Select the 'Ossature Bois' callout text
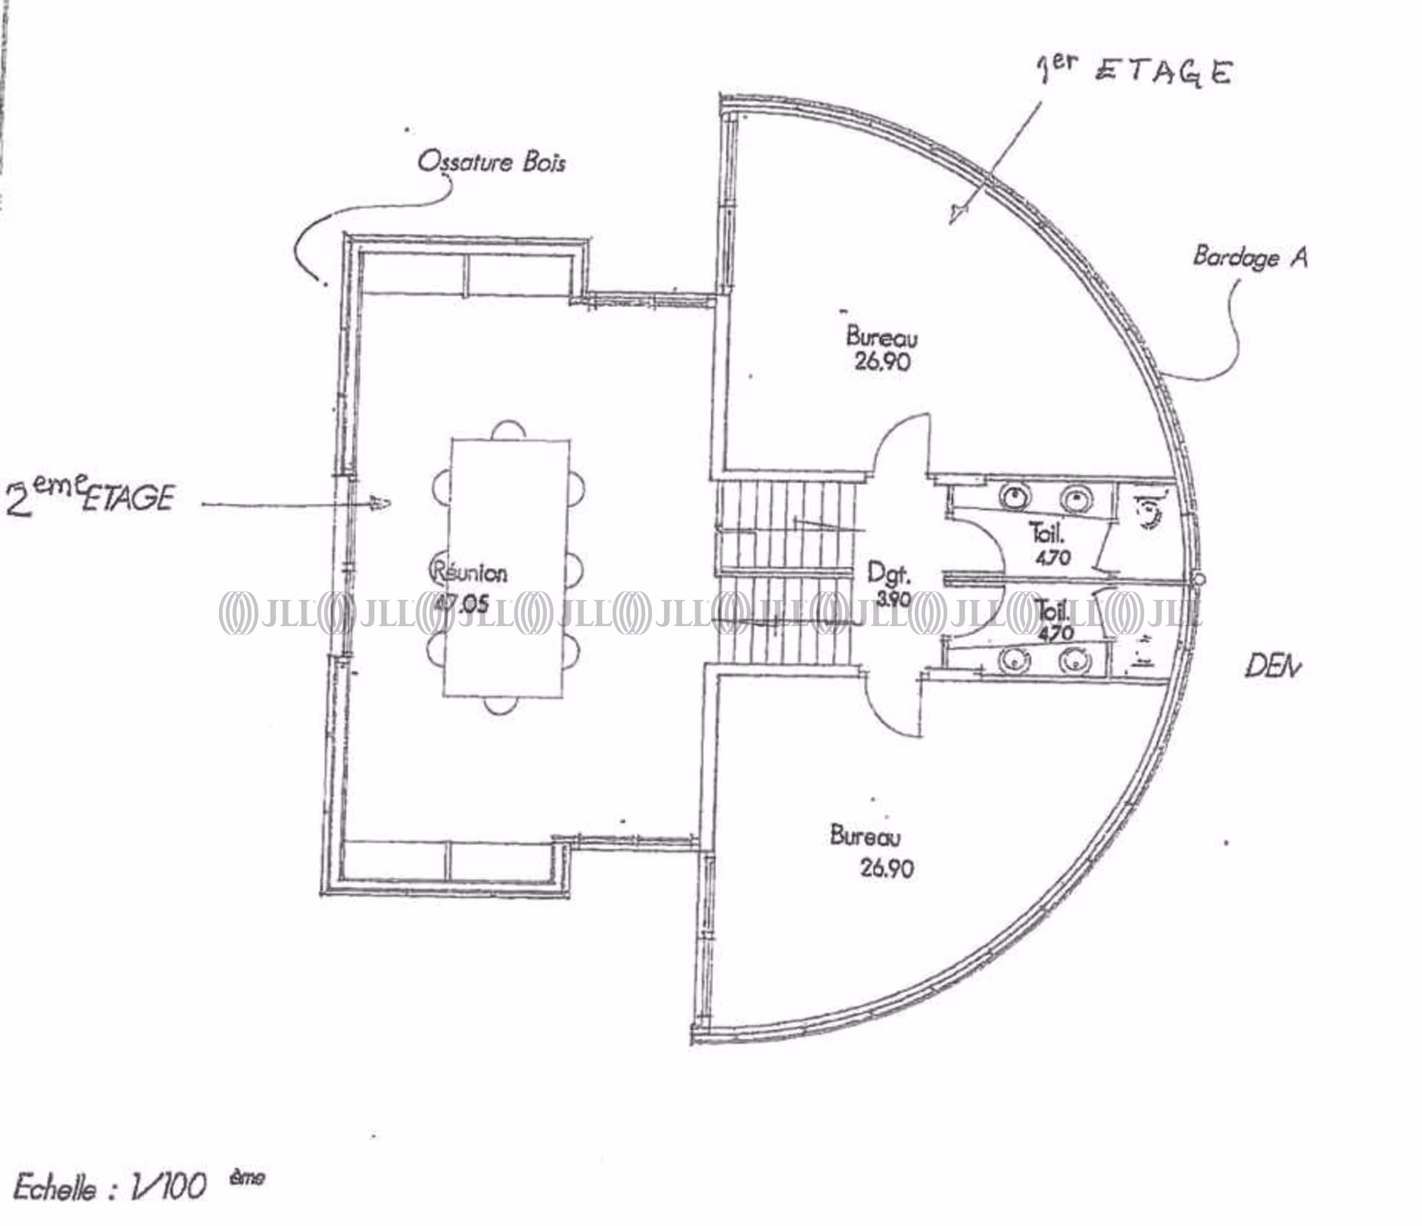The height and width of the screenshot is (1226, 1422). point(491,163)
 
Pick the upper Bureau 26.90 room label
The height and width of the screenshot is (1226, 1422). point(882,349)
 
